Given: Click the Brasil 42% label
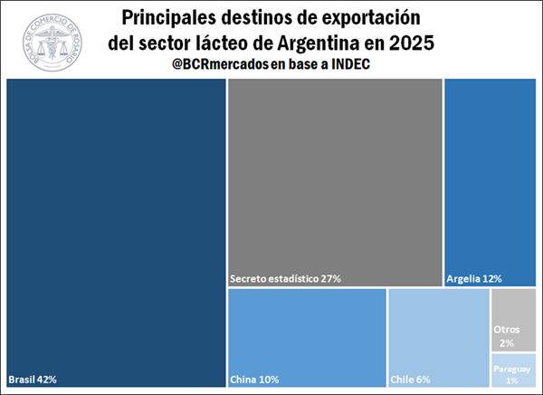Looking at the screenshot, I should coord(33,379).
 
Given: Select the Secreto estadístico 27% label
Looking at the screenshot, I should coord(285,278).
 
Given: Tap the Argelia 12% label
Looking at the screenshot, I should coord(474,278).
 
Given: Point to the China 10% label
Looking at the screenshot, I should coord(255,379).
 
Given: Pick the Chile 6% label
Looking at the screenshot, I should coord(410,379).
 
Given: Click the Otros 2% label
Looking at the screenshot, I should coord(506,335).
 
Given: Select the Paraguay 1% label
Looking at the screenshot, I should coord(512,374).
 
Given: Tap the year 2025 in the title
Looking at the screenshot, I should coord(409,42).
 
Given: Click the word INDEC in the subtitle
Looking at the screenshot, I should coord(351,64).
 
